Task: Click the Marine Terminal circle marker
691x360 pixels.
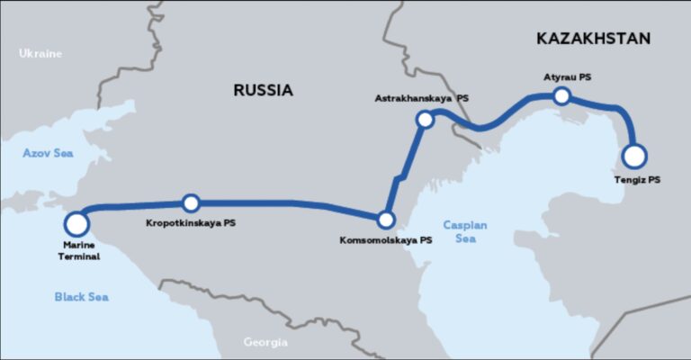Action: click(x=76, y=223)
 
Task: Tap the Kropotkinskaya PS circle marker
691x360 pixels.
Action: click(x=191, y=203)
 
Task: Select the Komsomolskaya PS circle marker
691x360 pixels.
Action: click(x=386, y=219)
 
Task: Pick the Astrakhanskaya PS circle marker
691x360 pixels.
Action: click(x=426, y=119)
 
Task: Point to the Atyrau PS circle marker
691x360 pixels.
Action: click(x=561, y=95)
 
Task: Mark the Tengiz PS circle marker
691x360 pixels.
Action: click(x=634, y=157)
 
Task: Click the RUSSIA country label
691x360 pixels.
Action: click(x=263, y=90)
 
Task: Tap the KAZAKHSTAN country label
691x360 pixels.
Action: click(x=592, y=39)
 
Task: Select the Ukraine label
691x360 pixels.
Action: click(x=40, y=54)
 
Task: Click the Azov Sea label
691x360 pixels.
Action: click(x=47, y=154)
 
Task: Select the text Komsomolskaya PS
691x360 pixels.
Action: click(x=386, y=240)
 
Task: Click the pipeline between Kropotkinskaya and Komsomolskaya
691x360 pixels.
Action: click(x=288, y=204)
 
